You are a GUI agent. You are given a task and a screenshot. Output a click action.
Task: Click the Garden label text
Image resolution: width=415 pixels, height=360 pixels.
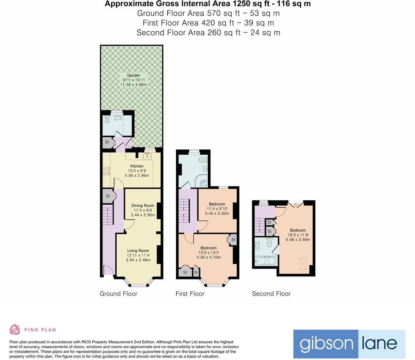click(133, 75)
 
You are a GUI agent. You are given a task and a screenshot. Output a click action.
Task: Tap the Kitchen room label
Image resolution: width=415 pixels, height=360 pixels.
click(137, 166)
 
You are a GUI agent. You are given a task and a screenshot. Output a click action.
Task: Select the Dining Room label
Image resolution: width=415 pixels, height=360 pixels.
click(143, 206)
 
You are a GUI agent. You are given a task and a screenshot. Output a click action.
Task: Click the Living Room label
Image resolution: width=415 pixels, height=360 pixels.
click(138, 251)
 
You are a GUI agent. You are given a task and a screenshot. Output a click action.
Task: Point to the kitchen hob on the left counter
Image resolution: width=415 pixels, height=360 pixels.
click(106, 171)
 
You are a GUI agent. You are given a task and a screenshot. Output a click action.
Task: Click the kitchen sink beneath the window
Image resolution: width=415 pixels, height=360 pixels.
click(147, 156)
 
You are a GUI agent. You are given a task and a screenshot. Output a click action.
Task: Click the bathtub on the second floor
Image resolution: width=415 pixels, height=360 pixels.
click(266, 261)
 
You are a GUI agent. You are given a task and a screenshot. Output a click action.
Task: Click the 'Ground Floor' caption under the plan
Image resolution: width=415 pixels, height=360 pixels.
click(118, 294)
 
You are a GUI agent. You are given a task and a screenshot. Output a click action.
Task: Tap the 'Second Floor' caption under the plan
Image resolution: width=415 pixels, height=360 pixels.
click(271, 294)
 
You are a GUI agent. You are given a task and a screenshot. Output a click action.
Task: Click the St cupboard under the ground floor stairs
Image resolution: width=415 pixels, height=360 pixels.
click(108, 196)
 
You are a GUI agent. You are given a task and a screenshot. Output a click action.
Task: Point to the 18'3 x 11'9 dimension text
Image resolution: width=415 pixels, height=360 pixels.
click(298, 235)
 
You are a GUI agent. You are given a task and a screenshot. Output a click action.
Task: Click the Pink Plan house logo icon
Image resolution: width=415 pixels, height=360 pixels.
click(15, 329)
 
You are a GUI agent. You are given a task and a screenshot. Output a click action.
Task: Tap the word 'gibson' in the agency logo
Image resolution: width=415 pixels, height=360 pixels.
click(326, 344)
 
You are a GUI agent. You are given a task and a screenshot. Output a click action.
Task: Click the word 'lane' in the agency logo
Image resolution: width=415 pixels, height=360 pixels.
click(381, 344)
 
